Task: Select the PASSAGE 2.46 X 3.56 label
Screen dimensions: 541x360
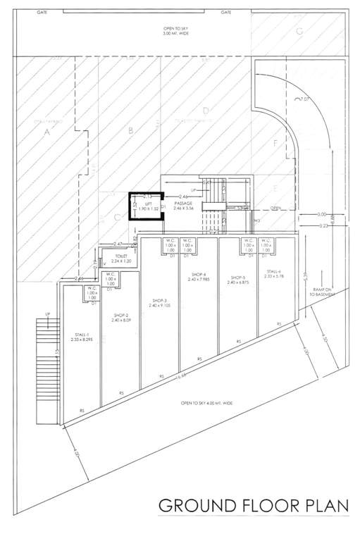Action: pyautogui.click(x=183, y=206)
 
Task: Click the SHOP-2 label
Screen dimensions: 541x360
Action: pyautogui.click(x=121, y=317)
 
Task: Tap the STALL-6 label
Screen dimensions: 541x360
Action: pyautogui.click(x=274, y=272)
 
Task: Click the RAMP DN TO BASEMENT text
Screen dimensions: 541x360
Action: pyautogui.click(x=321, y=292)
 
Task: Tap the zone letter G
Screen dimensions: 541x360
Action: pyautogui.click(x=299, y=30)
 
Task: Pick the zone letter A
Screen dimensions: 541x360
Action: pyautogui.click(x=46, y=132)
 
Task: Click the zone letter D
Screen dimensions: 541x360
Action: pyautogui.click(x=205, y=111)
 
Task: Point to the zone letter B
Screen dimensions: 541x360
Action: pyautogui.click(x=130, y=130)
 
